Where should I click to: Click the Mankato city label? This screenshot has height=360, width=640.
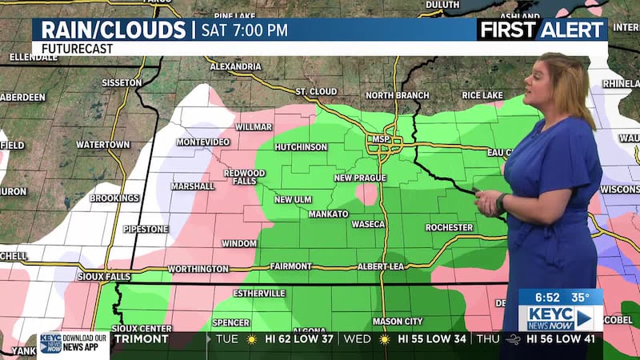[329, 214]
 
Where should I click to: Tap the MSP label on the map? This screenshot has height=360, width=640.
[380, 139]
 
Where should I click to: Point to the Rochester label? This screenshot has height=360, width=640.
[449, 227]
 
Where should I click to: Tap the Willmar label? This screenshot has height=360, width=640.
[254, 126]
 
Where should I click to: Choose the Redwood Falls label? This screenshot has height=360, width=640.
[244, 178]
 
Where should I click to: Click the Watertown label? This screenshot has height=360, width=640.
[102, 145]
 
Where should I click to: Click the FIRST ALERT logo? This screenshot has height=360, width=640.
[541, 30]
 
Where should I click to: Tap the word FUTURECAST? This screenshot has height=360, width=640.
[77, 48]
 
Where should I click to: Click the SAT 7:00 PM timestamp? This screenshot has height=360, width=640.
[243, 30]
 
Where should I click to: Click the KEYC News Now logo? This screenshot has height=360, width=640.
[560, 318]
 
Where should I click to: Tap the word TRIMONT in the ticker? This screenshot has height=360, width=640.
[141, 339]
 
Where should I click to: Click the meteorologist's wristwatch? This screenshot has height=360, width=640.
[501, 202]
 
